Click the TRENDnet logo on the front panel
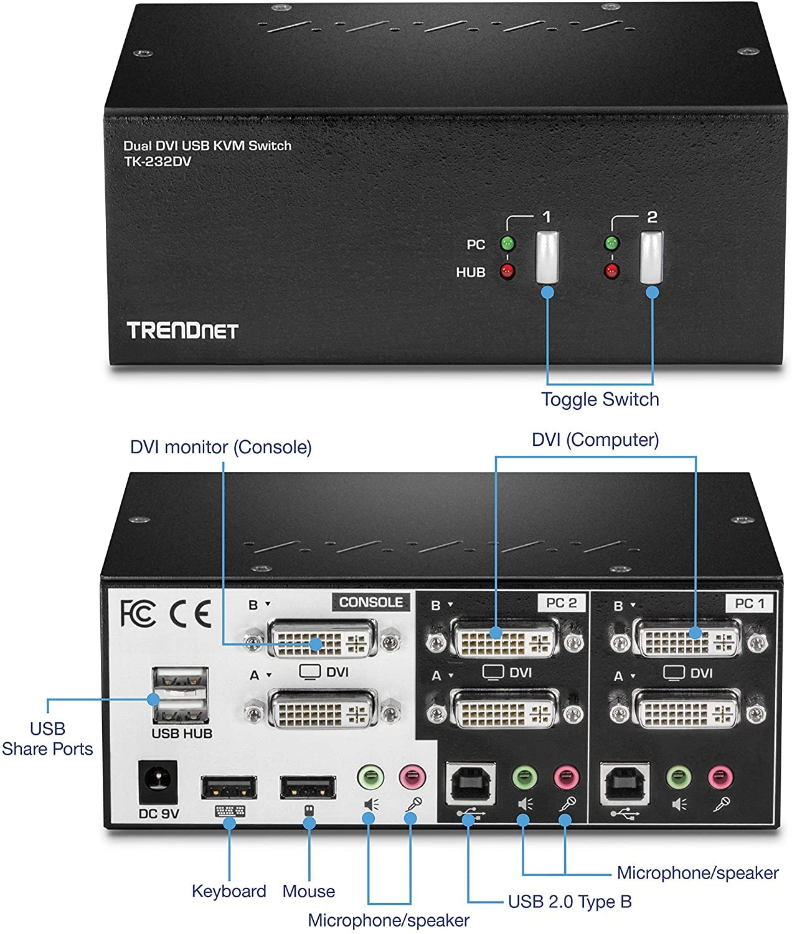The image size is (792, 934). [x=182, y=330]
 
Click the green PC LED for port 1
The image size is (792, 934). [x=508, y=243]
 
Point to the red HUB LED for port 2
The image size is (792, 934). [x=612, y=271]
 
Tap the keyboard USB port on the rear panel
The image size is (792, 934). [x=229, y=787]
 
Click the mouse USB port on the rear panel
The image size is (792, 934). [x=308, y=787]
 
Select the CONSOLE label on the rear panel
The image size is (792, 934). [x=370, y=602]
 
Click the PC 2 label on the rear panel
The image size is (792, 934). [x=561, y=603]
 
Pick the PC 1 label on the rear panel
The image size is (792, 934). [x=750, y=603]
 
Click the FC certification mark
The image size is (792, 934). [x=138, y=613]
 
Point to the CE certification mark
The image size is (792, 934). [x=191, y=613]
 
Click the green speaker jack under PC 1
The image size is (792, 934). [x=679, y=777]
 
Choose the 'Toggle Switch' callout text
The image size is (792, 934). [x=600, y=399]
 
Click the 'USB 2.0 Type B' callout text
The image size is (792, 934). [x=569, y=901]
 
